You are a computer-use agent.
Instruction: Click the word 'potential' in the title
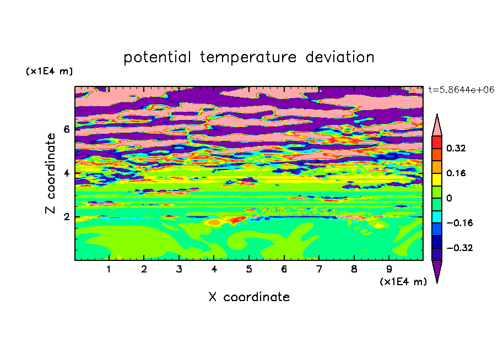pyautogui.click(x=157, y=57)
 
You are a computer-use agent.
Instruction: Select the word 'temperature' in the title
pyautogui.click(x=248, y=57)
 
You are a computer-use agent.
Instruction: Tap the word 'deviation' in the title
pyautogui.click(x=340, y=57)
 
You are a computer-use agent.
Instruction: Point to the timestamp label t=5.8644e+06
pyautogui.click(x=461, y=90)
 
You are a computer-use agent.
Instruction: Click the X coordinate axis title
pyautogui.click(x=249, y=297)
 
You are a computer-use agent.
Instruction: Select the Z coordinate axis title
pyautogui.click(x=51, y=173)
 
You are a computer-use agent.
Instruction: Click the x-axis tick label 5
pyautogui.click(x=249, y=269)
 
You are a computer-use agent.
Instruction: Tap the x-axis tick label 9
pyautogui.click(x=389, y=269)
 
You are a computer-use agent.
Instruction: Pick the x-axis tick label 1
pyautogui.click(x=109, y=269)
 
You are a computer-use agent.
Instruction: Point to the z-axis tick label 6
pyautogui.click(x=66, y=129)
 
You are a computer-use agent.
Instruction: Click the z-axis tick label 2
pyautogui.click(x=66, y=217)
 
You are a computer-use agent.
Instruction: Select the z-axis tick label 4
pyautogui.click(x=66, y=173)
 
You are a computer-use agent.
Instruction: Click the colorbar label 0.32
pyautogui.click(x=456, y=148)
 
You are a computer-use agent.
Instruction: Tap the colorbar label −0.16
pyautogui.click(x=459, y=223)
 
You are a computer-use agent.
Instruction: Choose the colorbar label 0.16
pyautogui.click(x=456, y=173)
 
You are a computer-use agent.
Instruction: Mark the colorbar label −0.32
pyautogui.click(x=459, y=248)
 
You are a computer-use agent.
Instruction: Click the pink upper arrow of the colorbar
pyautogui.click(x=437, y=127)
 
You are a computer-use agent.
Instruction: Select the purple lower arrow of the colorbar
pyautogui.click(x=437, y=269)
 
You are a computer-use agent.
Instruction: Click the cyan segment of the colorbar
pyautogui.click(x=437, y=217)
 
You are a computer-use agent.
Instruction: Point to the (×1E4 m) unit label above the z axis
pyautogui.click(x=49, y=71)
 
